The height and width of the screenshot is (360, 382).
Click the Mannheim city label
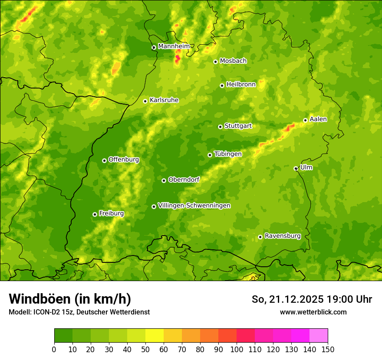pyautogui.click(x=174, y=46)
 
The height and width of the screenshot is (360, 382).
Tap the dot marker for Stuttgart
pyautogui.click(x=220, y=127)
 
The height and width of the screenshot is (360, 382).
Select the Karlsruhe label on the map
pyautogui.click(x=164, y=100)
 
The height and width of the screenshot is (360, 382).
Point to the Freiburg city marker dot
pyautogui.click(x=95, y=214)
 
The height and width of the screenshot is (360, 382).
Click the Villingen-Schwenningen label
pyautogui.click(x=194, y=206)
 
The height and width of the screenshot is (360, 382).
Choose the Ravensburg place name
pyautogui.click(x=283, y=236)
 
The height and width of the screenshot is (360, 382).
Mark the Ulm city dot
pyautogui.click(x=296, y=168)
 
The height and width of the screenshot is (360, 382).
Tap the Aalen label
pyautogui.click(x=318, y=119)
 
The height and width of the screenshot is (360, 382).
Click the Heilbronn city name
pyautogui.click(x=241, y=85)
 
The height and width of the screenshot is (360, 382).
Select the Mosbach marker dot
pyautogui.click(x=215, y=62)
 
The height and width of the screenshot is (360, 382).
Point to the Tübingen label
pyautogui.click(x=228, y=154)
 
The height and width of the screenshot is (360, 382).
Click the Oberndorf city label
pyautogui.click(x=184, y=180)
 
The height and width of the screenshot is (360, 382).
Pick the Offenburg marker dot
pyautogui.click(x=104, y=160)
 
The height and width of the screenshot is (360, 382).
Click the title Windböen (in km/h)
pyautogui.click(x=70, y=299)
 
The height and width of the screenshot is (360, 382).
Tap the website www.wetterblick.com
pyautogui.click(x=313, y=312)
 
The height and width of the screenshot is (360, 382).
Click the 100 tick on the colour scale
pyautogui.click(x=237, y=350)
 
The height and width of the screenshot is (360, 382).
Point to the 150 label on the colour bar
pyautogui.click(x=328, y=350)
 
